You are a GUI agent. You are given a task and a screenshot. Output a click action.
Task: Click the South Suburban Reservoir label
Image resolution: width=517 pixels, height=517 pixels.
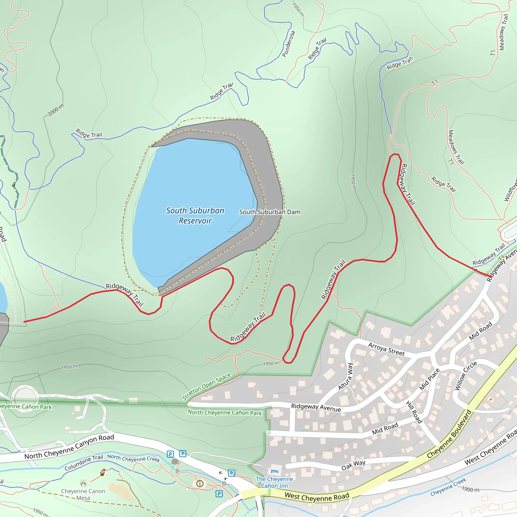[x=195, y=216]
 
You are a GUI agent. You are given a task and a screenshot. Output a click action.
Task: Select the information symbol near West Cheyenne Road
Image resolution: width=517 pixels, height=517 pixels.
[x=200, y=483]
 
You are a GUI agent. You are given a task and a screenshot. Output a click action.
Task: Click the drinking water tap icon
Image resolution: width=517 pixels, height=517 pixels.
[x=102, y=473]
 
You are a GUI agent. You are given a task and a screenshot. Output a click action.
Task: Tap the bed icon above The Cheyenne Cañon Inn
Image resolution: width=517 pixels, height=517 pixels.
[x=275, y=471]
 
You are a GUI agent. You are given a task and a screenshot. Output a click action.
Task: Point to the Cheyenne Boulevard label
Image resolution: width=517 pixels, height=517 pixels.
[x=449, y=434]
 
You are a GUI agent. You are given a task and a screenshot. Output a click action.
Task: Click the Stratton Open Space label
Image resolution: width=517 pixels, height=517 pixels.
[x=206, y=386]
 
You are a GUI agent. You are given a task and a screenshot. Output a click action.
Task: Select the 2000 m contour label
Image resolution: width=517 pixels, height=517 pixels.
[x=56, y=110]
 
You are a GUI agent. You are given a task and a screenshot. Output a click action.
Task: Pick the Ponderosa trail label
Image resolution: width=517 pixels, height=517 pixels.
[x=289, y=44]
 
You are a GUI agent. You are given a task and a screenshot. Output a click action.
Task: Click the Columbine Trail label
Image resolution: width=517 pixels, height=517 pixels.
[x=84, y=463]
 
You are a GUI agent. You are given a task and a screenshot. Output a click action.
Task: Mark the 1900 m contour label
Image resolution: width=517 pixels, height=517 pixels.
[x=471, y=489]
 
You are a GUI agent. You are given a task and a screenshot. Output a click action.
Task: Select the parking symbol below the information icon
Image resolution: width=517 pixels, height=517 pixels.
[x=219, y=494]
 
